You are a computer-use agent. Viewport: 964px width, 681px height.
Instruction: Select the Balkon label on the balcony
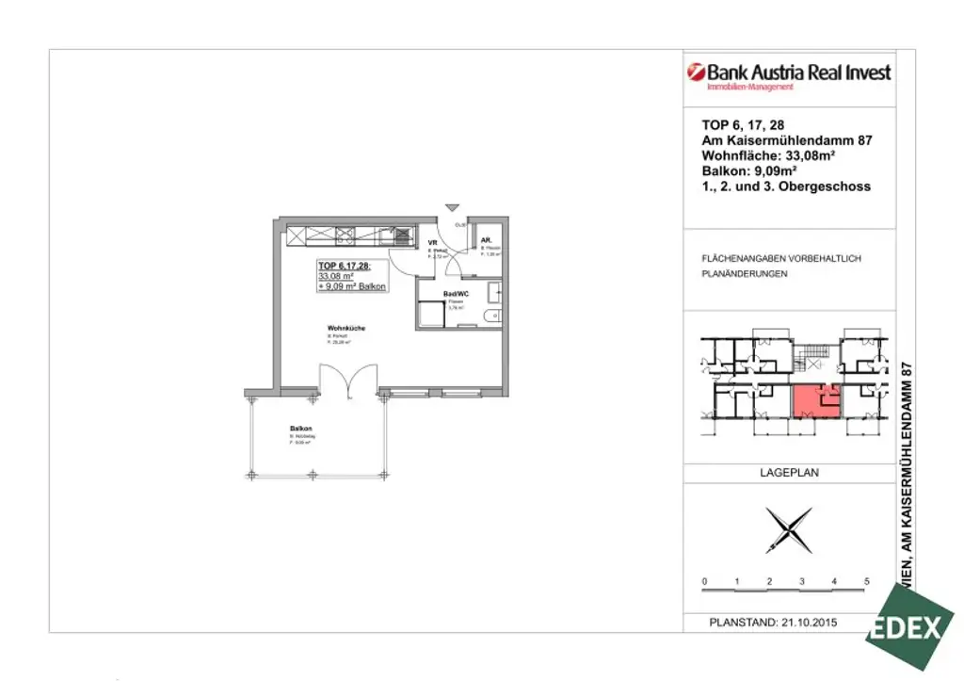coord(300,429)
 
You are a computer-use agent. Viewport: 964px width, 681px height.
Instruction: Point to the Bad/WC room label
coord(456,294)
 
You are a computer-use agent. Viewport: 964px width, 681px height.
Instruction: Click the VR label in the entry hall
coord(433,243)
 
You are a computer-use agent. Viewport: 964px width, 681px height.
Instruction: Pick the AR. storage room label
coord(486,242)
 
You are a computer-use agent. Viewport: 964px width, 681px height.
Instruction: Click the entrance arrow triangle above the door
coord(452,207)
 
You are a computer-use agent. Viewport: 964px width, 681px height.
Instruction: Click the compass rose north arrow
coord(788,530)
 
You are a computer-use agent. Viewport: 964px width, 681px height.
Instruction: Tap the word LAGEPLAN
coord(788,473)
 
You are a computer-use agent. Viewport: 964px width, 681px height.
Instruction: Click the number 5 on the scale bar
coord(866,582)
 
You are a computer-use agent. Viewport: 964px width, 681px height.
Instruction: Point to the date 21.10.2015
coord(809,623)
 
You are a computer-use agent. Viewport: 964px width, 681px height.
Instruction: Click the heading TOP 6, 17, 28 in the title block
coord(743,124)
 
